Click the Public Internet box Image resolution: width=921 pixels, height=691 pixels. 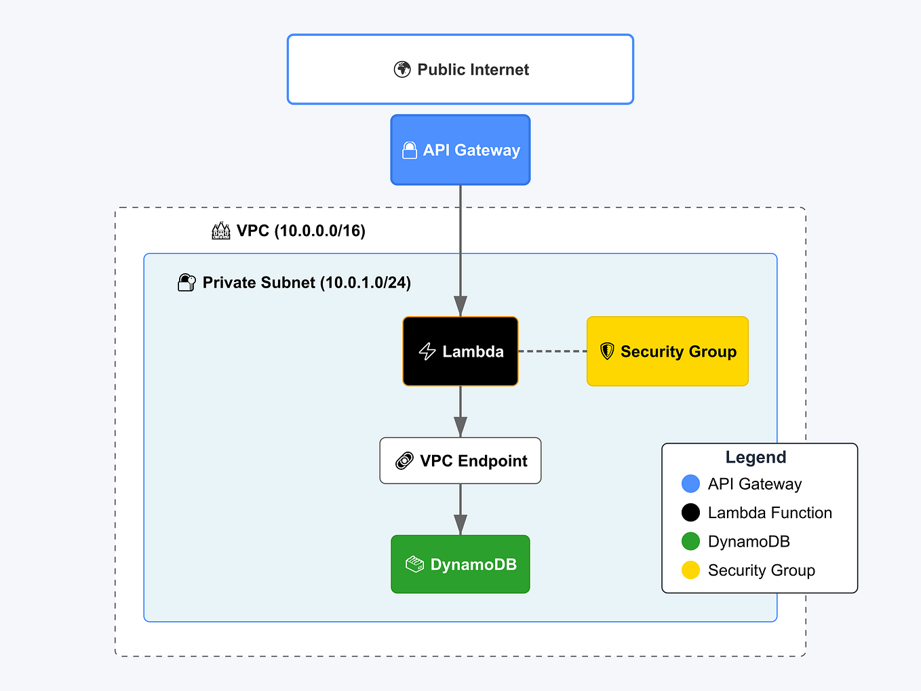coord(460,69)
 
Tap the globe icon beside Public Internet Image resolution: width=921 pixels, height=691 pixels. coord(402,69)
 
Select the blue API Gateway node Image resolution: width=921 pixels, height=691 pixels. coord(460,150)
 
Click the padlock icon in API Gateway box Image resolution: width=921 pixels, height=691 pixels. coord(410,151)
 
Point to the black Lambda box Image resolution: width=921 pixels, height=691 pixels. coord(460,351)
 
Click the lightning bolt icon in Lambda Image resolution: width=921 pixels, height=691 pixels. coord(427,351)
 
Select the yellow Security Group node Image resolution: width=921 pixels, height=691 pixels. coord(667,351)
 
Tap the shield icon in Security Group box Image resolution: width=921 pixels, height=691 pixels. coord(607,351)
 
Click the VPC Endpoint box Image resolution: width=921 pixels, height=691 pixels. coord(460,460)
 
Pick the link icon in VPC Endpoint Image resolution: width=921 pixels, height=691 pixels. coord(404,461)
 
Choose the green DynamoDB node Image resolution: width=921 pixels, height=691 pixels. coord(460,564)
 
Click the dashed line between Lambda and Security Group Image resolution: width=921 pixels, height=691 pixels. coord(552,351)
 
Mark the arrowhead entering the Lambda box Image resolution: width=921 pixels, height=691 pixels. coord(460,307)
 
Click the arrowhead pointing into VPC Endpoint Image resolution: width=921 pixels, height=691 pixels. coord(460,427)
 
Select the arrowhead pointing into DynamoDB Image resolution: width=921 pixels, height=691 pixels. coord(460,525)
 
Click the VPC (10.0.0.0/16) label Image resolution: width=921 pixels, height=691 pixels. coord(300,231)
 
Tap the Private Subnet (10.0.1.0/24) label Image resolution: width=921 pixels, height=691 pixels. coord(307,283)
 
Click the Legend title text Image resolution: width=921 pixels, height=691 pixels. coord(756,457)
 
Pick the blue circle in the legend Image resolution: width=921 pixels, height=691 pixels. coord(690,483)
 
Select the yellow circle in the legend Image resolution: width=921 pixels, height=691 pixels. coord(690,570)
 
